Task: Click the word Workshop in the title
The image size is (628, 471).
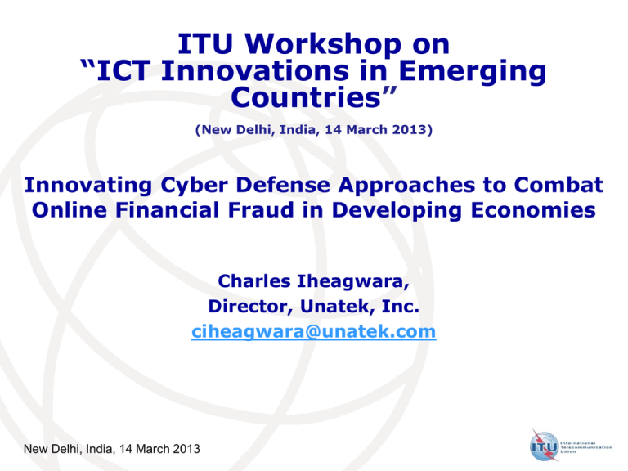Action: (x=323, y=44)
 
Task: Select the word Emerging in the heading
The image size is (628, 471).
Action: (x=472, y=71)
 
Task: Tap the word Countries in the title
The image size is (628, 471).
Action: (x=305, y=97)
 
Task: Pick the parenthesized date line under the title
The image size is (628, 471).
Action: (x=314, y=130)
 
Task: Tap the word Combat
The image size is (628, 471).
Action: (x=558, y=185)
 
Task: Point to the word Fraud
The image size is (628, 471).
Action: (x=261, y=210)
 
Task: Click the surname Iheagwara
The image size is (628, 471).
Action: (x=353, y=281)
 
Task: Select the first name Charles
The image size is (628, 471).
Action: (x=254, y=281)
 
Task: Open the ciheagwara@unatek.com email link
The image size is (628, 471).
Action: (x=314, y=332)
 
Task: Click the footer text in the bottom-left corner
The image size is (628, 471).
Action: (x=112, y=449)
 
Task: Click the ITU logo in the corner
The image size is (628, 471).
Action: (x=571, y=446)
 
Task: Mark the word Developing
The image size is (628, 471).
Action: (x=397, y=211)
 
